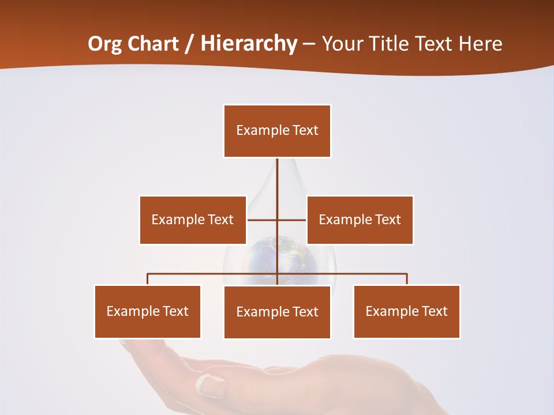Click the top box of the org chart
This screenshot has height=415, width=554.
pos(277,131)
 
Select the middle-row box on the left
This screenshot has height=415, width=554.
pos(193,220)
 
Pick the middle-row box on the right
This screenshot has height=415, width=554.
pos(360,220)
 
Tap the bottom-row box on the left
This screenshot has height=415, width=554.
pos(148,311)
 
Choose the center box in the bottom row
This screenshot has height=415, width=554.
pos(277,312)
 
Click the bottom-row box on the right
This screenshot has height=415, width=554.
pos(407,311)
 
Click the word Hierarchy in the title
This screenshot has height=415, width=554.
pos(249,44)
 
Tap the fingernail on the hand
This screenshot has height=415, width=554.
pos(206,383)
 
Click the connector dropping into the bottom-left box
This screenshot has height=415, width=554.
pos(148,279)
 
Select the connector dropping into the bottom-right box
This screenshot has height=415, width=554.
pos(407,279)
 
